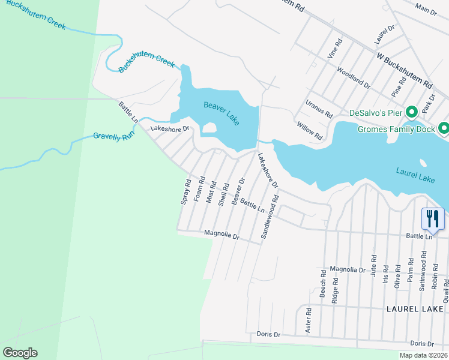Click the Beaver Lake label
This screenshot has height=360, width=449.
pos(221,113)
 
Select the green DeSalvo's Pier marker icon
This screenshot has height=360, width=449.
pos(412,112)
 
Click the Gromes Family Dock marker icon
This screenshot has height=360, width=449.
pos(444,128)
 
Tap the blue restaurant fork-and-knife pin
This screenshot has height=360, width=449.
pos(433,218)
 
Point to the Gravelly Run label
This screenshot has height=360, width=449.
pos(113,137)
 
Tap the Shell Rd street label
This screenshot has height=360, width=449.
pos(224,195)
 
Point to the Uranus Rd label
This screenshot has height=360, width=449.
pos(319,109)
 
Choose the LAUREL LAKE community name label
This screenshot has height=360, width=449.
pos(416,308)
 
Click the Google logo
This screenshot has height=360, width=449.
pos(20,353)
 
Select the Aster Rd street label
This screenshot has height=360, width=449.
pos(309,320)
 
